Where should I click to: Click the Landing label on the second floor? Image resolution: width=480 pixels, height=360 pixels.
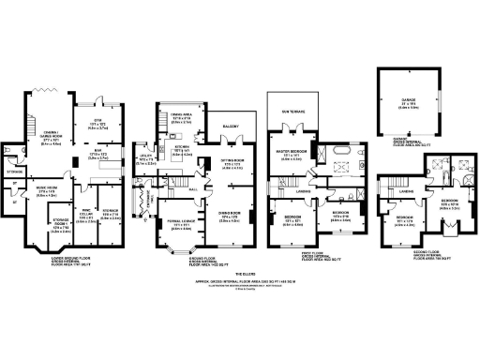(406, 191)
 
